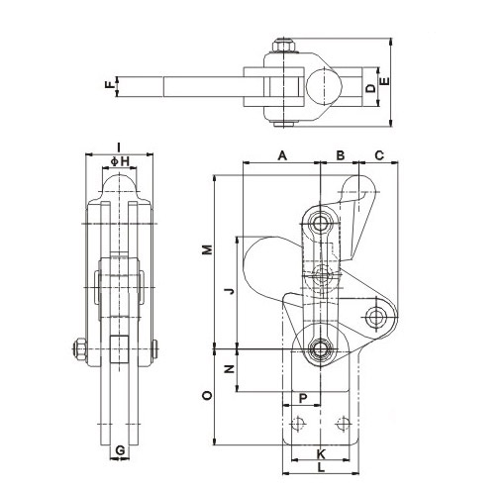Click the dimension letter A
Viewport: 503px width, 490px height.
point(281,155)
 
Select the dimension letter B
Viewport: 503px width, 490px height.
point(339,155)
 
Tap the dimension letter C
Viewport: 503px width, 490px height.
point(378,155)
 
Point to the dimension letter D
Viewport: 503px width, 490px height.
point(370,89)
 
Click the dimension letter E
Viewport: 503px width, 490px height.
point(386,82)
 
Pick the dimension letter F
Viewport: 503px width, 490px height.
point(110,86)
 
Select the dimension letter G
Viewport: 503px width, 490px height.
point(120,451)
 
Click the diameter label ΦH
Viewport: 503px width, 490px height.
point(119,160)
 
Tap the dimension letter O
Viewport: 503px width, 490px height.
point(207,394)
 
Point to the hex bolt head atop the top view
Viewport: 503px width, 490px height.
point(284,46)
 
